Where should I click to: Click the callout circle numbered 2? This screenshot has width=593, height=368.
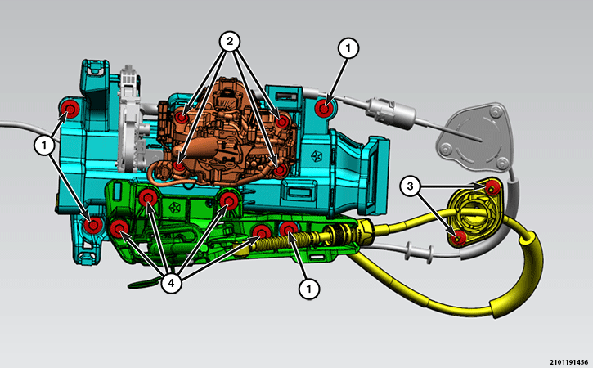click(x=230, y=41)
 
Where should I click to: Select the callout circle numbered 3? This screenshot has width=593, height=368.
click(x=411, y=186)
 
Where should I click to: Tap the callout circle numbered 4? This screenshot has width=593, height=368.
click(x=171, y=283)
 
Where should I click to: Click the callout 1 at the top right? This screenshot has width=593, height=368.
click(x=348, y=48)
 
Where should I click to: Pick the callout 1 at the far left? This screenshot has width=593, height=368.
click(x=45, y=145)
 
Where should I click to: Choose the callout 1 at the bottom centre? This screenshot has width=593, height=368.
click(x=309, y=289)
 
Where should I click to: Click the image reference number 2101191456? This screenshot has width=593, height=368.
click(x=568, y=362)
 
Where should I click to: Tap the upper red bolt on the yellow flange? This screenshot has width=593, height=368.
click(x=492, y=187)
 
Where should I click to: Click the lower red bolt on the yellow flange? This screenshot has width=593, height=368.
click(x=459, y=238)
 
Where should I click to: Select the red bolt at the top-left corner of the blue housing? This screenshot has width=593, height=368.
click(x=70, y=110)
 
